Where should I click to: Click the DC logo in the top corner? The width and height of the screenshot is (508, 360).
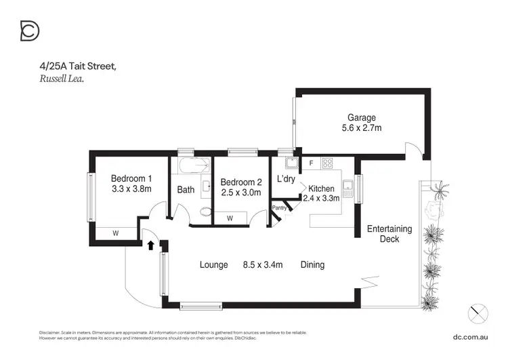(x=30, y=31)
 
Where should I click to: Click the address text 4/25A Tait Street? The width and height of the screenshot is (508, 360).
(x=78, y=66)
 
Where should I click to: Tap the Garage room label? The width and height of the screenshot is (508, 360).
(x=362, y=117)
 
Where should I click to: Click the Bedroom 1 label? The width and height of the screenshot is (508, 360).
(x=131, y=178)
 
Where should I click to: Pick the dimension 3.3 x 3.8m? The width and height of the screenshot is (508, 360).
(x=131, y=189)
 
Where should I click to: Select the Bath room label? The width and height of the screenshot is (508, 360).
(x=186, y=190)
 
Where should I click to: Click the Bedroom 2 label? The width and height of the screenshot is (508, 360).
(x=240, y=182)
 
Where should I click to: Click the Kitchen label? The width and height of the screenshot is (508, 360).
(x=321, y=188)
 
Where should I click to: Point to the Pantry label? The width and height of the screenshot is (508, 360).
(x=279, y=207)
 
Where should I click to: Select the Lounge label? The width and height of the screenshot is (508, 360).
(x=213, y=264)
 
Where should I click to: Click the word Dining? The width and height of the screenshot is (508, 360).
(x=312, y=264)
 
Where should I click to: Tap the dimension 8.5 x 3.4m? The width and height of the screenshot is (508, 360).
(x=263, y=264)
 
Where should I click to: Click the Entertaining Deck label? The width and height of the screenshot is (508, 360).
(x=389, y=234)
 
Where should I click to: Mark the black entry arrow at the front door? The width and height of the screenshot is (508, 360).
(x=150, y=244)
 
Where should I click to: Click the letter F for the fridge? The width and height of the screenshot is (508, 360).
(x=310, y=163)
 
